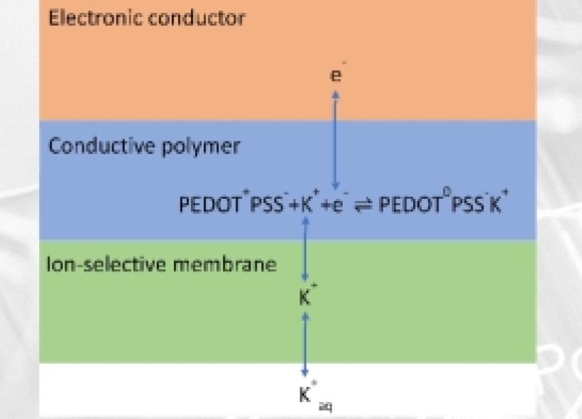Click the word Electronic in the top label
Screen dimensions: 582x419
(95, 18)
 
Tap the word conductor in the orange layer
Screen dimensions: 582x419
(197, 18)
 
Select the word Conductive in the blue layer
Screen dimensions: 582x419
(101, 146)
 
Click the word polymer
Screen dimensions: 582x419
(201, 147)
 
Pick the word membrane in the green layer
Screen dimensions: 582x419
(225, 264)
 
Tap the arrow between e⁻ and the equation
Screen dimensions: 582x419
(336, 141)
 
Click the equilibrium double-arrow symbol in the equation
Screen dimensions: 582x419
(363, 205)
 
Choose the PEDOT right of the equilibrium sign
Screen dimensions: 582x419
(410, 205)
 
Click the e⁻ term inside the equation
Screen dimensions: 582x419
(339, 204)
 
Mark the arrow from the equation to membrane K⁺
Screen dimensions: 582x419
(305, 249)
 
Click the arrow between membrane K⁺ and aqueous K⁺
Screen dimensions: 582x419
(305, 344)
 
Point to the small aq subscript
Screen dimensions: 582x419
(326, 406)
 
